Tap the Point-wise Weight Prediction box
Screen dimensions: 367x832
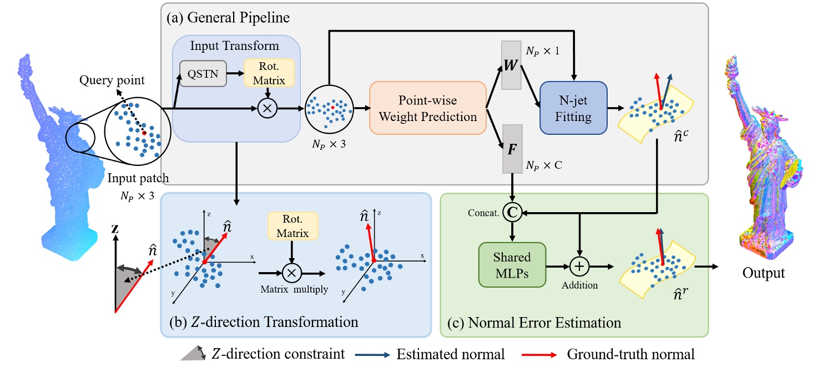[427, 109]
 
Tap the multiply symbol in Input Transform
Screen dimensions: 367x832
[267, 109]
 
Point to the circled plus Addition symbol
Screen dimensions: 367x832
[579, 267]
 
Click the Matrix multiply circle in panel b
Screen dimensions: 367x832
[291, 273]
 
